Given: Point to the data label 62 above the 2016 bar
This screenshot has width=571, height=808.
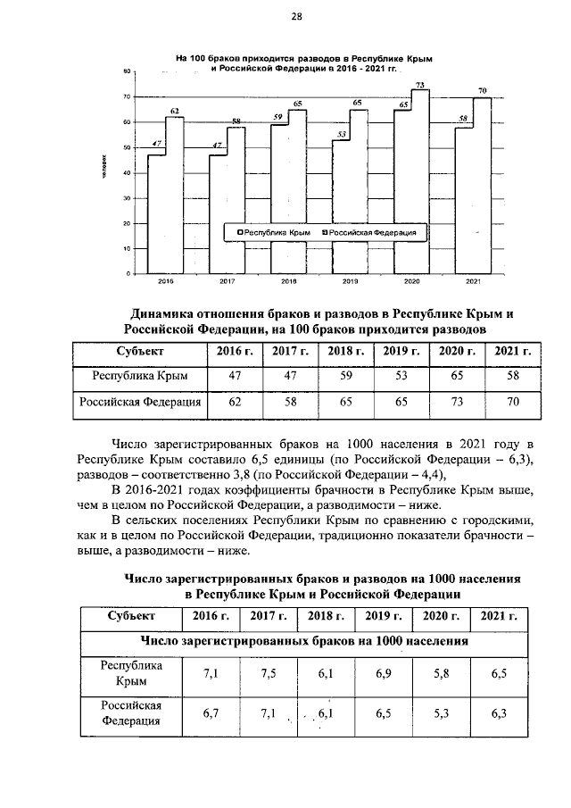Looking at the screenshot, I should point(175,111).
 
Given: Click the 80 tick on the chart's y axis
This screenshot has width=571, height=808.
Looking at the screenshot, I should point(128,71).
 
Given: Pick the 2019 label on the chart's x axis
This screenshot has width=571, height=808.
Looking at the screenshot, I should point(351,281).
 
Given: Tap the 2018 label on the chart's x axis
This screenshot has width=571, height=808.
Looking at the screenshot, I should point(289,281).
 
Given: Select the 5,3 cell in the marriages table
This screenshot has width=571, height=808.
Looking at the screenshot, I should point(441,712).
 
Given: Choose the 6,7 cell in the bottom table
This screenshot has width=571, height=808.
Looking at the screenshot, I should point(211,712).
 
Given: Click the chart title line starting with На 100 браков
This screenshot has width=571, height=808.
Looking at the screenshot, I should point(303,58).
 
